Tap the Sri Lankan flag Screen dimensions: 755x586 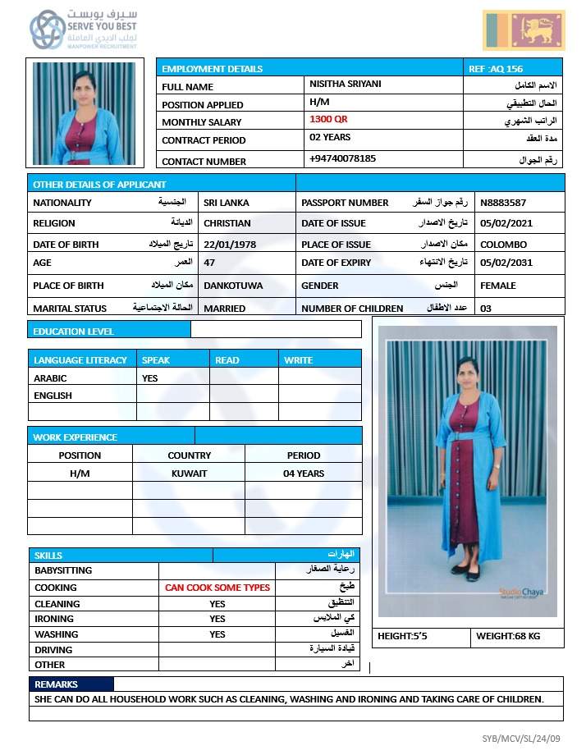(524, 30)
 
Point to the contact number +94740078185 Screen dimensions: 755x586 (342, 158)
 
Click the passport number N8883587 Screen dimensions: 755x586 (504, 202)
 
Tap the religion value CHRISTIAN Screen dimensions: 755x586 (227, 223)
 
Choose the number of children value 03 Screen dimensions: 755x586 (486, 309)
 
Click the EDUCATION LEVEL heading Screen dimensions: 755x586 (73, 332)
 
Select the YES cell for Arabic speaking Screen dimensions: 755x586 (150, 378)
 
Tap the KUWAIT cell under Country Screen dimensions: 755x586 (189, 474)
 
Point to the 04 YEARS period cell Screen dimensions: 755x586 (303, 474)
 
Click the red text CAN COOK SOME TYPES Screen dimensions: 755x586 (217, 588)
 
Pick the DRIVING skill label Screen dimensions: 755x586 (53, 650)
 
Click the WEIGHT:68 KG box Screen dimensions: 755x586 (516, 637)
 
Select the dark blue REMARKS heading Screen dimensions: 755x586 (57, 684)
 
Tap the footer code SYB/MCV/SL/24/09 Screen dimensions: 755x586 (521, 739)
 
